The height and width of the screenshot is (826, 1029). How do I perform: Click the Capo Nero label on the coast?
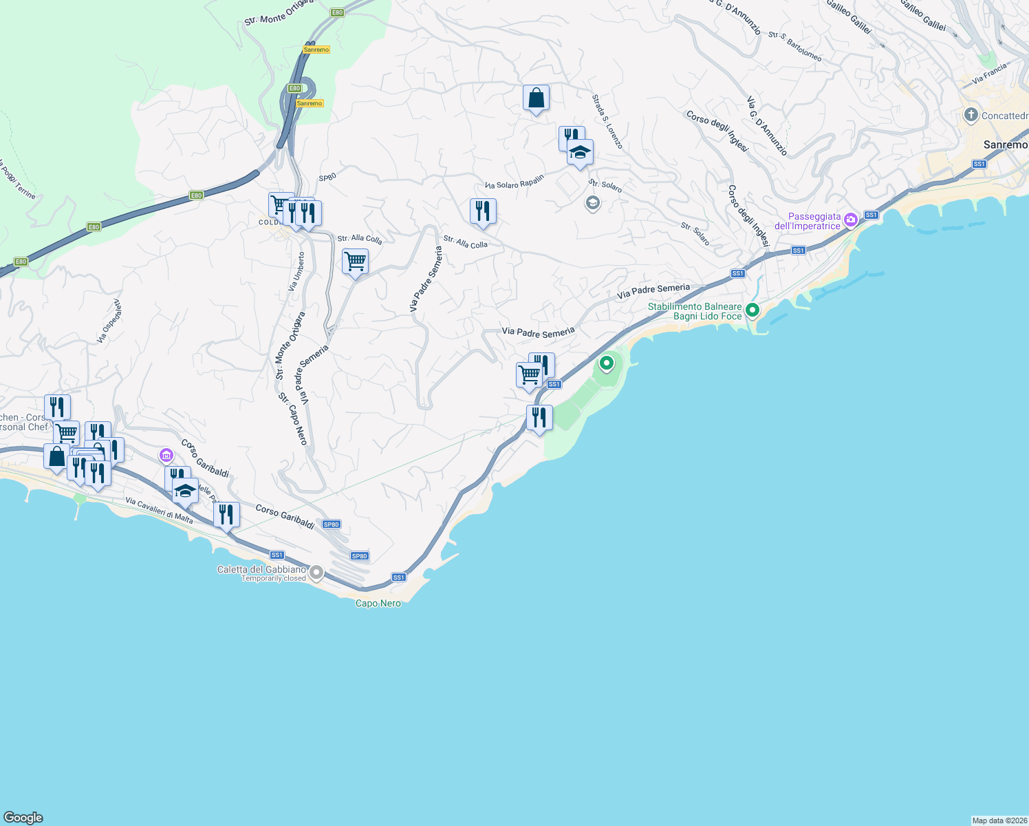click(x=378, y=603)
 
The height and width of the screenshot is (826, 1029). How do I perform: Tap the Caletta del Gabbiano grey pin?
click(x=316, y=572)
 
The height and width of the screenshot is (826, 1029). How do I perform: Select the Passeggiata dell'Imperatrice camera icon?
click(x=851, y=220)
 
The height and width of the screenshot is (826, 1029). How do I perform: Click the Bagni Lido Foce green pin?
click(x=752, y=310)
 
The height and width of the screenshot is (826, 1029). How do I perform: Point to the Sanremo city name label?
click(x=1005, y=145)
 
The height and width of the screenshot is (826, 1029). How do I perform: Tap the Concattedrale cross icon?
click(x=971, y=115)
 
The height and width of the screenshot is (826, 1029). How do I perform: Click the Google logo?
click(x=23, y=817)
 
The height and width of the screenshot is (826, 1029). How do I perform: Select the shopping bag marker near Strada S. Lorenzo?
click(x=536, y=98)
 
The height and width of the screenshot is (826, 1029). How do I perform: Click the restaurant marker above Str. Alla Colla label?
click(x=483, y=211)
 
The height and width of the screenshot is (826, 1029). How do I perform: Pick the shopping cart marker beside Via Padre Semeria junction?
click(x=355, y=262)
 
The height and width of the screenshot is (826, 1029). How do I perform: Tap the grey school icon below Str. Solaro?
click(x=592, y=203)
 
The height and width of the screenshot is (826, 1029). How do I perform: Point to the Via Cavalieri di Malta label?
click(x=159, y=510)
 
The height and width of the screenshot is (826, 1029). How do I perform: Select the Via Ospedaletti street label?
click(x=109, y=321)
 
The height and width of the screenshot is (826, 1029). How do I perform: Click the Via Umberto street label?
click(x=296, y=271)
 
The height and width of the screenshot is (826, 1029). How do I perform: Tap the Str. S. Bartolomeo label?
click(x=794, y=46)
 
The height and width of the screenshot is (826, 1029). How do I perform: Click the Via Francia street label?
click(x=989, y=74)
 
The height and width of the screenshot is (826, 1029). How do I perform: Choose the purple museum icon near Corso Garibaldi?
click(x=166, y=455)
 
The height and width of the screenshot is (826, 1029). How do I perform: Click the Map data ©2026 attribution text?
click(x=999, y=820)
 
